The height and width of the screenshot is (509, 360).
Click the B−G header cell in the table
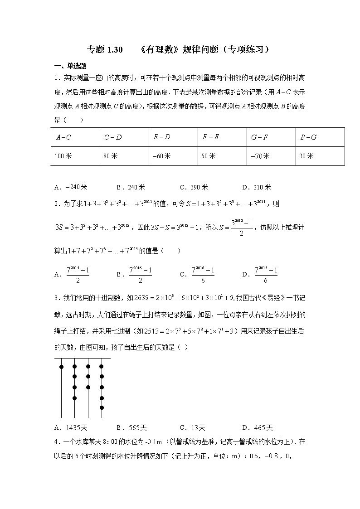pyautogui.click(x=308, y=137)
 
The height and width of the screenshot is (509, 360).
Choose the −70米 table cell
pyautogui.click(x=260, y=156)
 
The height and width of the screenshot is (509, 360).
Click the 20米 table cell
pyautogui.click(x=306, y=156)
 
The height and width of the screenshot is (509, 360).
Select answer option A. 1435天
pyautogui.click(x=68, y=427)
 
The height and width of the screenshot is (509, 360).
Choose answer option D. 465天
pyautogui.click(x=258, y=427)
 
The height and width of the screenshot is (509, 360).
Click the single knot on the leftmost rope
pyautogui.click(x=61, y=367)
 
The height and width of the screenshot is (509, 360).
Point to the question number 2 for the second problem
pyautogui.click(x=56, y=204)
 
